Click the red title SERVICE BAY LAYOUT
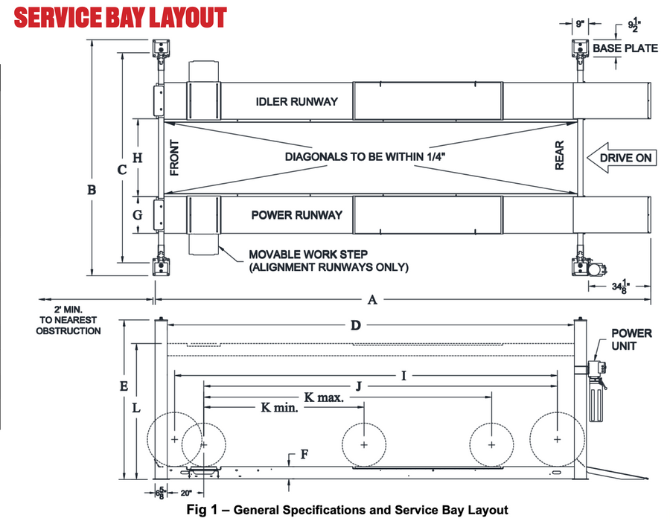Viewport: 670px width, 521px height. click(x=121, y=18)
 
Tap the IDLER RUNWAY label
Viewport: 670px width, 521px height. click(x=296, y=101)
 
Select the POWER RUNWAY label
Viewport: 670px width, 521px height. click(x=296, y=215)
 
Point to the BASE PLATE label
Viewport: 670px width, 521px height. click(x=625, y=48)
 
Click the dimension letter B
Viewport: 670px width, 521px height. click(x=92, y=191)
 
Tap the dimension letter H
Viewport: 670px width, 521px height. click(x=136, y=158)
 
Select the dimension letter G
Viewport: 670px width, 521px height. click(x=136, y=215)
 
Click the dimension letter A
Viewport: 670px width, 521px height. click(x=373, y=300)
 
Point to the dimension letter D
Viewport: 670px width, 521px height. click(x=357, y=325)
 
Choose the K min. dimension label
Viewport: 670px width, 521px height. click(x=280, y=408)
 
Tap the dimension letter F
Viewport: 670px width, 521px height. click(x=302, y=453)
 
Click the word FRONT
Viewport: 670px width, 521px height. click(x=175, y=158)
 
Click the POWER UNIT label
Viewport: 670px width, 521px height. click(x=631, y=339)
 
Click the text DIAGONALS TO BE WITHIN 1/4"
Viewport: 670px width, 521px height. click(x=369, y=158)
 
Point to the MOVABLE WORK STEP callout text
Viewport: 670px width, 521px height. click(x=329, y=260)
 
